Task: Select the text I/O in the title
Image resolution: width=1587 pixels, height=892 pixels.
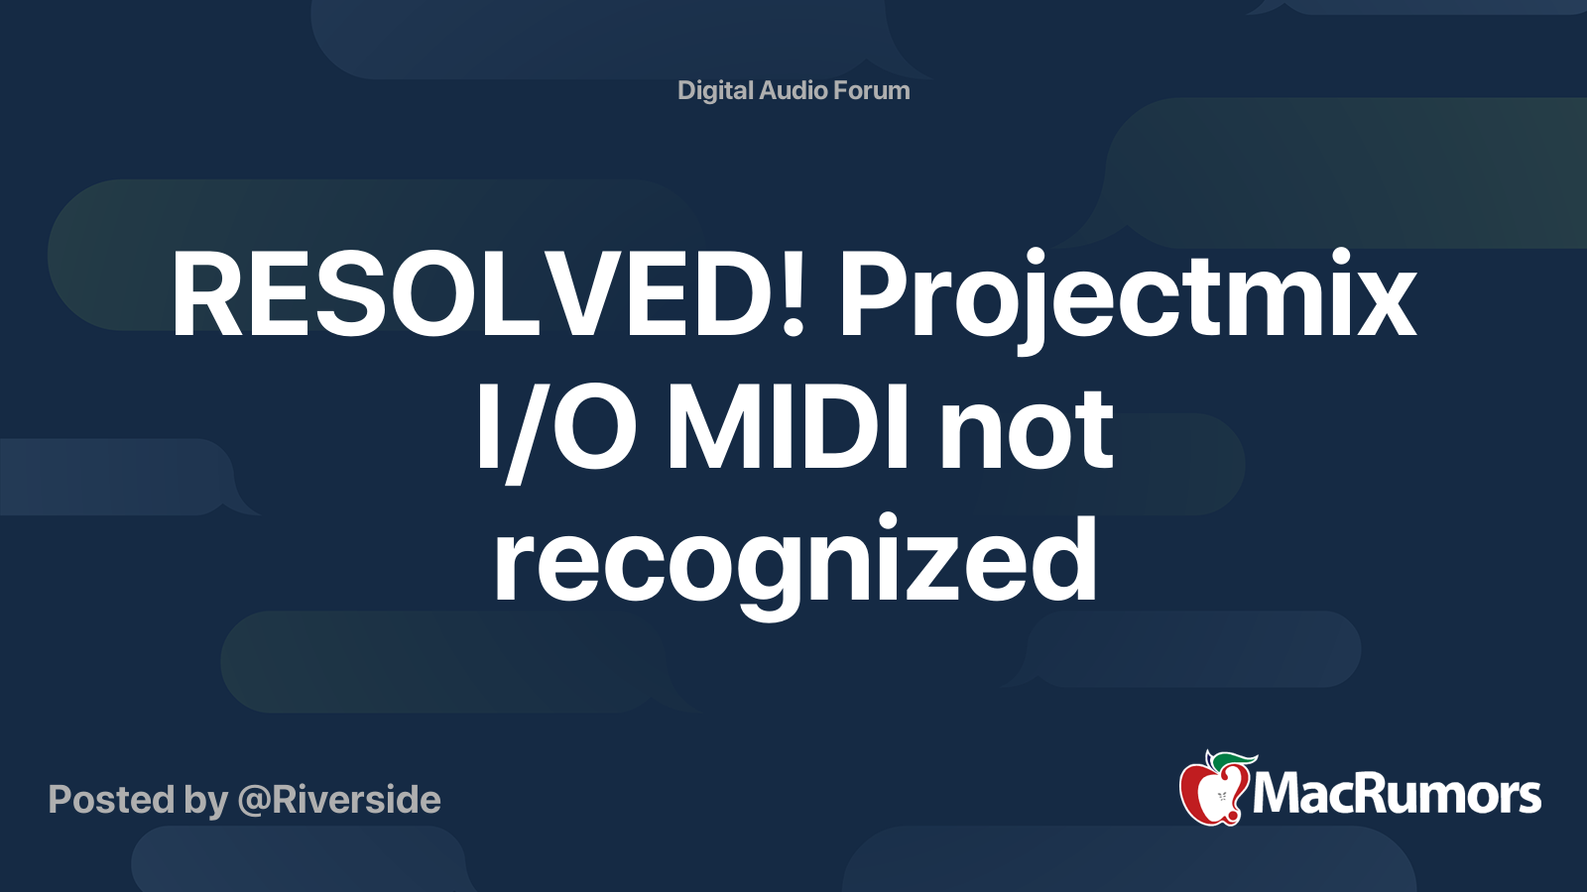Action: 555,429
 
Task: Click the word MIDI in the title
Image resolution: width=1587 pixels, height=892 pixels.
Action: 788,429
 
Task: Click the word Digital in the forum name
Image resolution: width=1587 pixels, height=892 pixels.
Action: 715,91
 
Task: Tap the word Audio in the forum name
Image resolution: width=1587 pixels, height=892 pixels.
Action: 793,91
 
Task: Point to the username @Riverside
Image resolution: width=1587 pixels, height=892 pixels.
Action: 339,800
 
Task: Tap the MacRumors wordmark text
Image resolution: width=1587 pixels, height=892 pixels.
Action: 1397,795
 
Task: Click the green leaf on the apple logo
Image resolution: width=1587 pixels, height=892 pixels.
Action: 1234,760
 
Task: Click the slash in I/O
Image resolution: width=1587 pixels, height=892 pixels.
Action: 516,431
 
